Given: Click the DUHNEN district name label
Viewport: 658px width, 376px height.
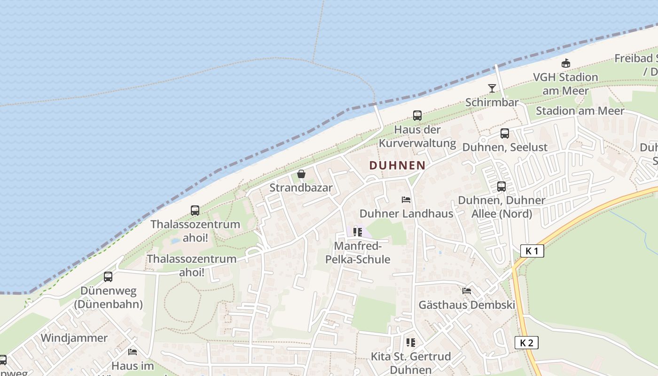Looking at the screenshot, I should (x=397, y=165).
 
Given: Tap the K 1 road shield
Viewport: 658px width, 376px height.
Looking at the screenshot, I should (x=532, y=251).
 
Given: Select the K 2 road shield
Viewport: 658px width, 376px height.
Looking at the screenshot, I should (x=526, y=343).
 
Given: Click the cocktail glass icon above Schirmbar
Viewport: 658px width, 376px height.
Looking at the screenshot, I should (x=492, y=88).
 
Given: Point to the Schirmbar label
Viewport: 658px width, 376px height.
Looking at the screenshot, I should (x=492, y=102).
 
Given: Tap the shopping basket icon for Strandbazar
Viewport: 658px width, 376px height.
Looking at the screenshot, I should (x=301, y=174).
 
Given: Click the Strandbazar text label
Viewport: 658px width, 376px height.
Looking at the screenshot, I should (x=301, y=188).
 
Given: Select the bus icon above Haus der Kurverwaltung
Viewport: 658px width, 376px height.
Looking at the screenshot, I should (x=417, y=115).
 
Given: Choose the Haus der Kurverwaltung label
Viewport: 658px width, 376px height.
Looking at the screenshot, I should (x=417, y=136).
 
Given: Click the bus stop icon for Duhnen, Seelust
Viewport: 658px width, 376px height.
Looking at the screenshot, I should (x=505, y=133).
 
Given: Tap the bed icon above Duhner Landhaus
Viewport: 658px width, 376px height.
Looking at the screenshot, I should (x=406, y=200).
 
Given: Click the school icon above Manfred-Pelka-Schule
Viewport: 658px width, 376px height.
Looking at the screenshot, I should (x=358, y=232).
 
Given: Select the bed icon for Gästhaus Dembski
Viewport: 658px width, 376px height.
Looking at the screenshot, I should (x=467, y=291).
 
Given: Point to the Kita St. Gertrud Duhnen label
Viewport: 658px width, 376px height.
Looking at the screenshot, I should (x=411, y=363).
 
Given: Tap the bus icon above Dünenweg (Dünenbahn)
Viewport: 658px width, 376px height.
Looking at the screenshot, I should (x=108, y=276).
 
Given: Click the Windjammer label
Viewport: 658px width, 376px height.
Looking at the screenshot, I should (x=74, y=338).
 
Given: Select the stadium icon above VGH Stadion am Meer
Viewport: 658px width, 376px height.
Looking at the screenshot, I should (x=566, y=63).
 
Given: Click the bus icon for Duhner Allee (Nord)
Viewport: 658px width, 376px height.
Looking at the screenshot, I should (x=501, y=187).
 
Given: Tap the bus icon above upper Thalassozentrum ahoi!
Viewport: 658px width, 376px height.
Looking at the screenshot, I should (x=195, y=210).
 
